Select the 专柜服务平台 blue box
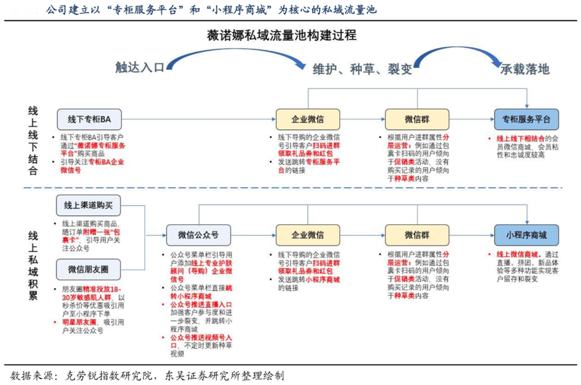tap(526, 118)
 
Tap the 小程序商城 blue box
tap(526, 236)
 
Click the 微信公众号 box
tap(198, 236)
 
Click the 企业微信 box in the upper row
tap(307, 118)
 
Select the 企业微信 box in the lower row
tap(307, 236)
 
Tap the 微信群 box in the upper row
tap(417, 118)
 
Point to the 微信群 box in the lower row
tap(417, 236)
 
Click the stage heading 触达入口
tap(139, 68)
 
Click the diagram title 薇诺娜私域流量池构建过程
tap(290, 35)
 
